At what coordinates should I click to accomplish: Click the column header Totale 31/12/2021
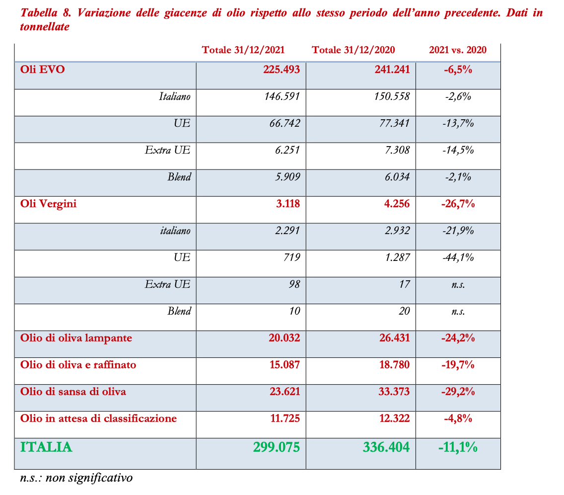pos(243,50)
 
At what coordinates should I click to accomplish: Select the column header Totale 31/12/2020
pos(353,50)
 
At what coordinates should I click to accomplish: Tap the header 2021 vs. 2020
pos(457,50)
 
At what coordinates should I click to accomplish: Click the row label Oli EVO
pos(43,70)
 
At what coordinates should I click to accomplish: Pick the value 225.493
pos(282,70)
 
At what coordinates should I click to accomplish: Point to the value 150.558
pos(392,96)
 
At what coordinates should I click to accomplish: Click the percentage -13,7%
pos(458,123)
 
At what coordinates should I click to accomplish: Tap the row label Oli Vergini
pos(49,204)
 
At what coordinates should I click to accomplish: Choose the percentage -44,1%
pos(458,257)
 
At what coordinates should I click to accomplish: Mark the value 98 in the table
pos(295,284)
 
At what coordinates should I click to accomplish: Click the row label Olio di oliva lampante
pos(76,338)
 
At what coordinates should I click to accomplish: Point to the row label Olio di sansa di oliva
pos(73,392)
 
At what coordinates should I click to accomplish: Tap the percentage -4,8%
pos(458,418)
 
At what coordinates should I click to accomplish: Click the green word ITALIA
pos(46,447)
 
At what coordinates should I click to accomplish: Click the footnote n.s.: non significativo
pos(76,478)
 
